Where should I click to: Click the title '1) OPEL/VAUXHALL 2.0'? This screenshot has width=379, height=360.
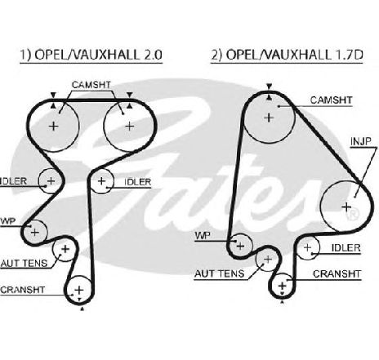click(x=91, y=55)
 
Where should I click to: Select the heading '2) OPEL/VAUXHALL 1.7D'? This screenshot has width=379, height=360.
click(x=287, y=55)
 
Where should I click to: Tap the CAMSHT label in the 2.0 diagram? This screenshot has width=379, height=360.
click(x=91, y=85)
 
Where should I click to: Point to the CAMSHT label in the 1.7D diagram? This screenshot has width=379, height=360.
click(x=331, y=100)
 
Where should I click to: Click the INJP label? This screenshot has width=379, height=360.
click(x=361, y=141)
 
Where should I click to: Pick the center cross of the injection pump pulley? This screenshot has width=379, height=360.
click(x=346, y=207)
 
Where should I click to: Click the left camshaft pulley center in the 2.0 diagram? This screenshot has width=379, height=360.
click(x=54, y=126)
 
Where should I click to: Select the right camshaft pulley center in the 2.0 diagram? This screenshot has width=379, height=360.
click(x=130, y=126)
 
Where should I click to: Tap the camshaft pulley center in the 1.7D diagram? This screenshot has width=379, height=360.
click(x=269, y=118)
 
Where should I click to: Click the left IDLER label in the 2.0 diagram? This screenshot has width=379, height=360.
click(x=13, y=181)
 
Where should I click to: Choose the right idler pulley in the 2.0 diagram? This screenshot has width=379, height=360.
click(x=102, y=181)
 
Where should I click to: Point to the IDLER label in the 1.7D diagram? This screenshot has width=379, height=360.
click(x=346, y=248)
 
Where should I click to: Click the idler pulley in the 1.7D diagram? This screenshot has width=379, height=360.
click(x=307, y=247)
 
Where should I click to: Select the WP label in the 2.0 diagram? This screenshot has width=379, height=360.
click(x=8, y=221)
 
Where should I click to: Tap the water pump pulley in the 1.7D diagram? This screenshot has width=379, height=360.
click(x=240, y=246)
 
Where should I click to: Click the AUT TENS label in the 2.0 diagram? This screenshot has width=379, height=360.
click(x=24, y=263)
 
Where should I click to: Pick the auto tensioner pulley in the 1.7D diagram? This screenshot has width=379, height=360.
click(x=268, y=260)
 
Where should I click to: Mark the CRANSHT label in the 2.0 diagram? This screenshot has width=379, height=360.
click(x=22, y=290)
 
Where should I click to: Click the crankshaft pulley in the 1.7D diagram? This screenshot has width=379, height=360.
click(x=283, y=286)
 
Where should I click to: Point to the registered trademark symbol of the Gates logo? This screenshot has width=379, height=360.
click(x=352, y=214)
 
